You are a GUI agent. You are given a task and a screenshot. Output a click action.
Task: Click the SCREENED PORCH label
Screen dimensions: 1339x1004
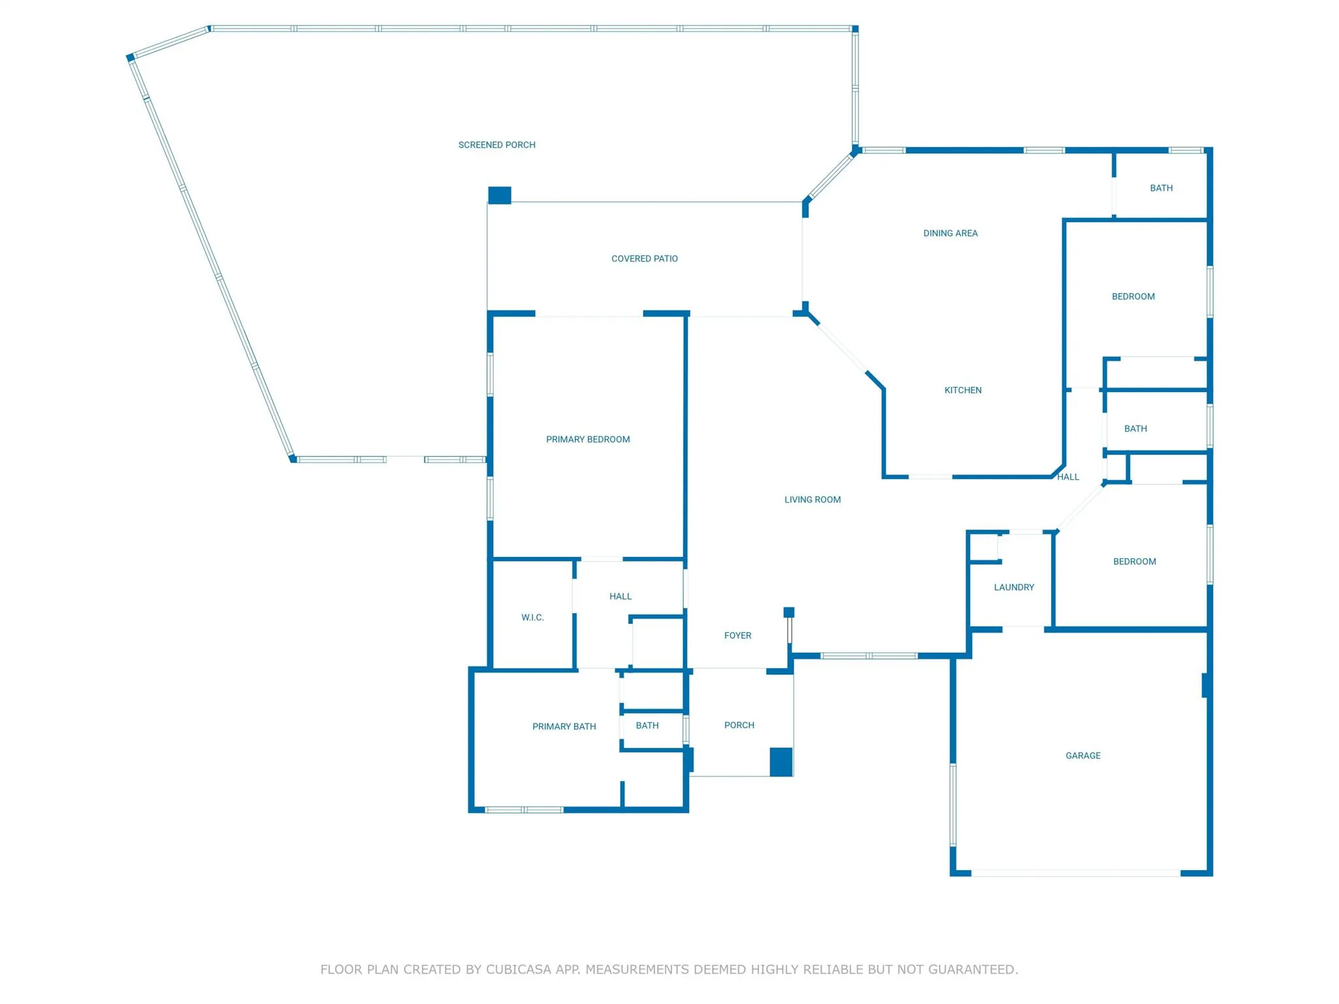[x=497, y=145]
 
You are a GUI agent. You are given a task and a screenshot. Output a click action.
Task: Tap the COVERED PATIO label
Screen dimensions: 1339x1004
[x=645, y=259]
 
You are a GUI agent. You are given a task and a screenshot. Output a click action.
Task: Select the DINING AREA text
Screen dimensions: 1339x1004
[x=951, y=233]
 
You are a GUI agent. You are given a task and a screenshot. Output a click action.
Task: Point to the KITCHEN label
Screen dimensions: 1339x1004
[x=963, y=390]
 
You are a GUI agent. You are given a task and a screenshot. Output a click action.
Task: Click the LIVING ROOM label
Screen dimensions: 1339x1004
[x=813, y=500]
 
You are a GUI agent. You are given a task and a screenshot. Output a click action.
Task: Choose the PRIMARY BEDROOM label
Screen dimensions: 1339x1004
[x=588, y=440]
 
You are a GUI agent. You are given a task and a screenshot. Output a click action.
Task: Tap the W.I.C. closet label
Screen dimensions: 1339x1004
[x=533, y=618]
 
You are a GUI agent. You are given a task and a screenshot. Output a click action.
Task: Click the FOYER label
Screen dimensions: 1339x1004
[x=738, y=636]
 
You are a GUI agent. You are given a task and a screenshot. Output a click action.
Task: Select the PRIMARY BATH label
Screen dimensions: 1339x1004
[x=564, y=727]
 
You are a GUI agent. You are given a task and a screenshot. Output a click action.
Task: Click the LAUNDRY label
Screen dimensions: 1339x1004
[x=1014, y=588]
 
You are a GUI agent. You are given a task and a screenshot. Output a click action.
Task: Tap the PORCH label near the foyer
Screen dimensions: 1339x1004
[x=739, y=726]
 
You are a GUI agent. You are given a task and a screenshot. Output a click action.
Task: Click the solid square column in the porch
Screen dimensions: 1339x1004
[x=781, y=762]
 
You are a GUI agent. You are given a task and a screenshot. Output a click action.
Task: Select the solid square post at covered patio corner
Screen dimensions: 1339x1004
[x=500, y=195]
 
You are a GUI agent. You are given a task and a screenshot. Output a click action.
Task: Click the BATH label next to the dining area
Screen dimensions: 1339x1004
[x=1162, y=188]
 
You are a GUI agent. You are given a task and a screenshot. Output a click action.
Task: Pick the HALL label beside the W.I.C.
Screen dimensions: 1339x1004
[x=620, y=597]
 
